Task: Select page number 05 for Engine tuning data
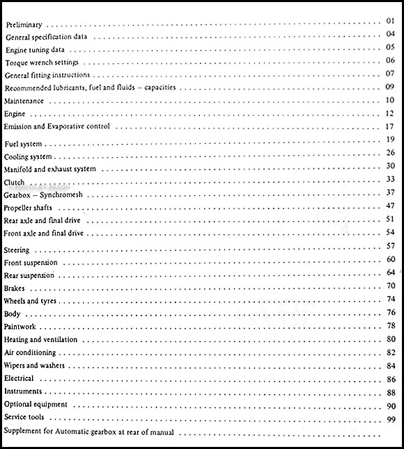pyautogui.click(x=389, y=48)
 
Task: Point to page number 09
pyautogui.click(x=389, y=88)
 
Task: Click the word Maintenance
pyautogui.click(x=24, y=101)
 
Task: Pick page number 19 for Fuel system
pyautogui.click(x=389, y=140)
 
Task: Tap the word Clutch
pyautogui.click(x=14, y=182)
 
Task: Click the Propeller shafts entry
pyautogui.click(x=32, y=208)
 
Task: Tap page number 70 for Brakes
pyautogui.click(x=390, y=286)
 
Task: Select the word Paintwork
pyautogui.click(x=21, y=326)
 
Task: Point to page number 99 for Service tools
pyautogui.click(x=390, y=420)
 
